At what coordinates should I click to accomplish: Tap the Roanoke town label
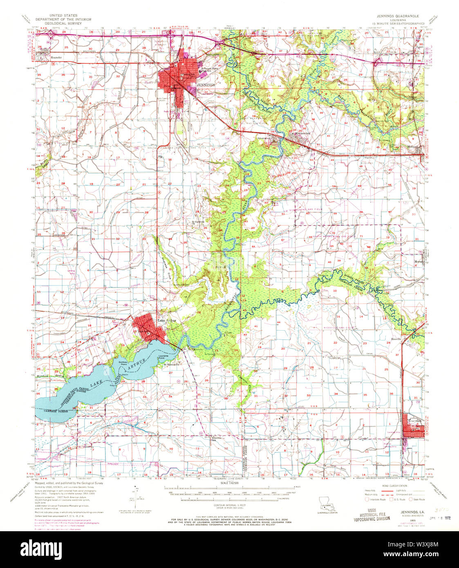tap(56, 57)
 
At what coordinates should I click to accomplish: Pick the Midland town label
tap(413, 146)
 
